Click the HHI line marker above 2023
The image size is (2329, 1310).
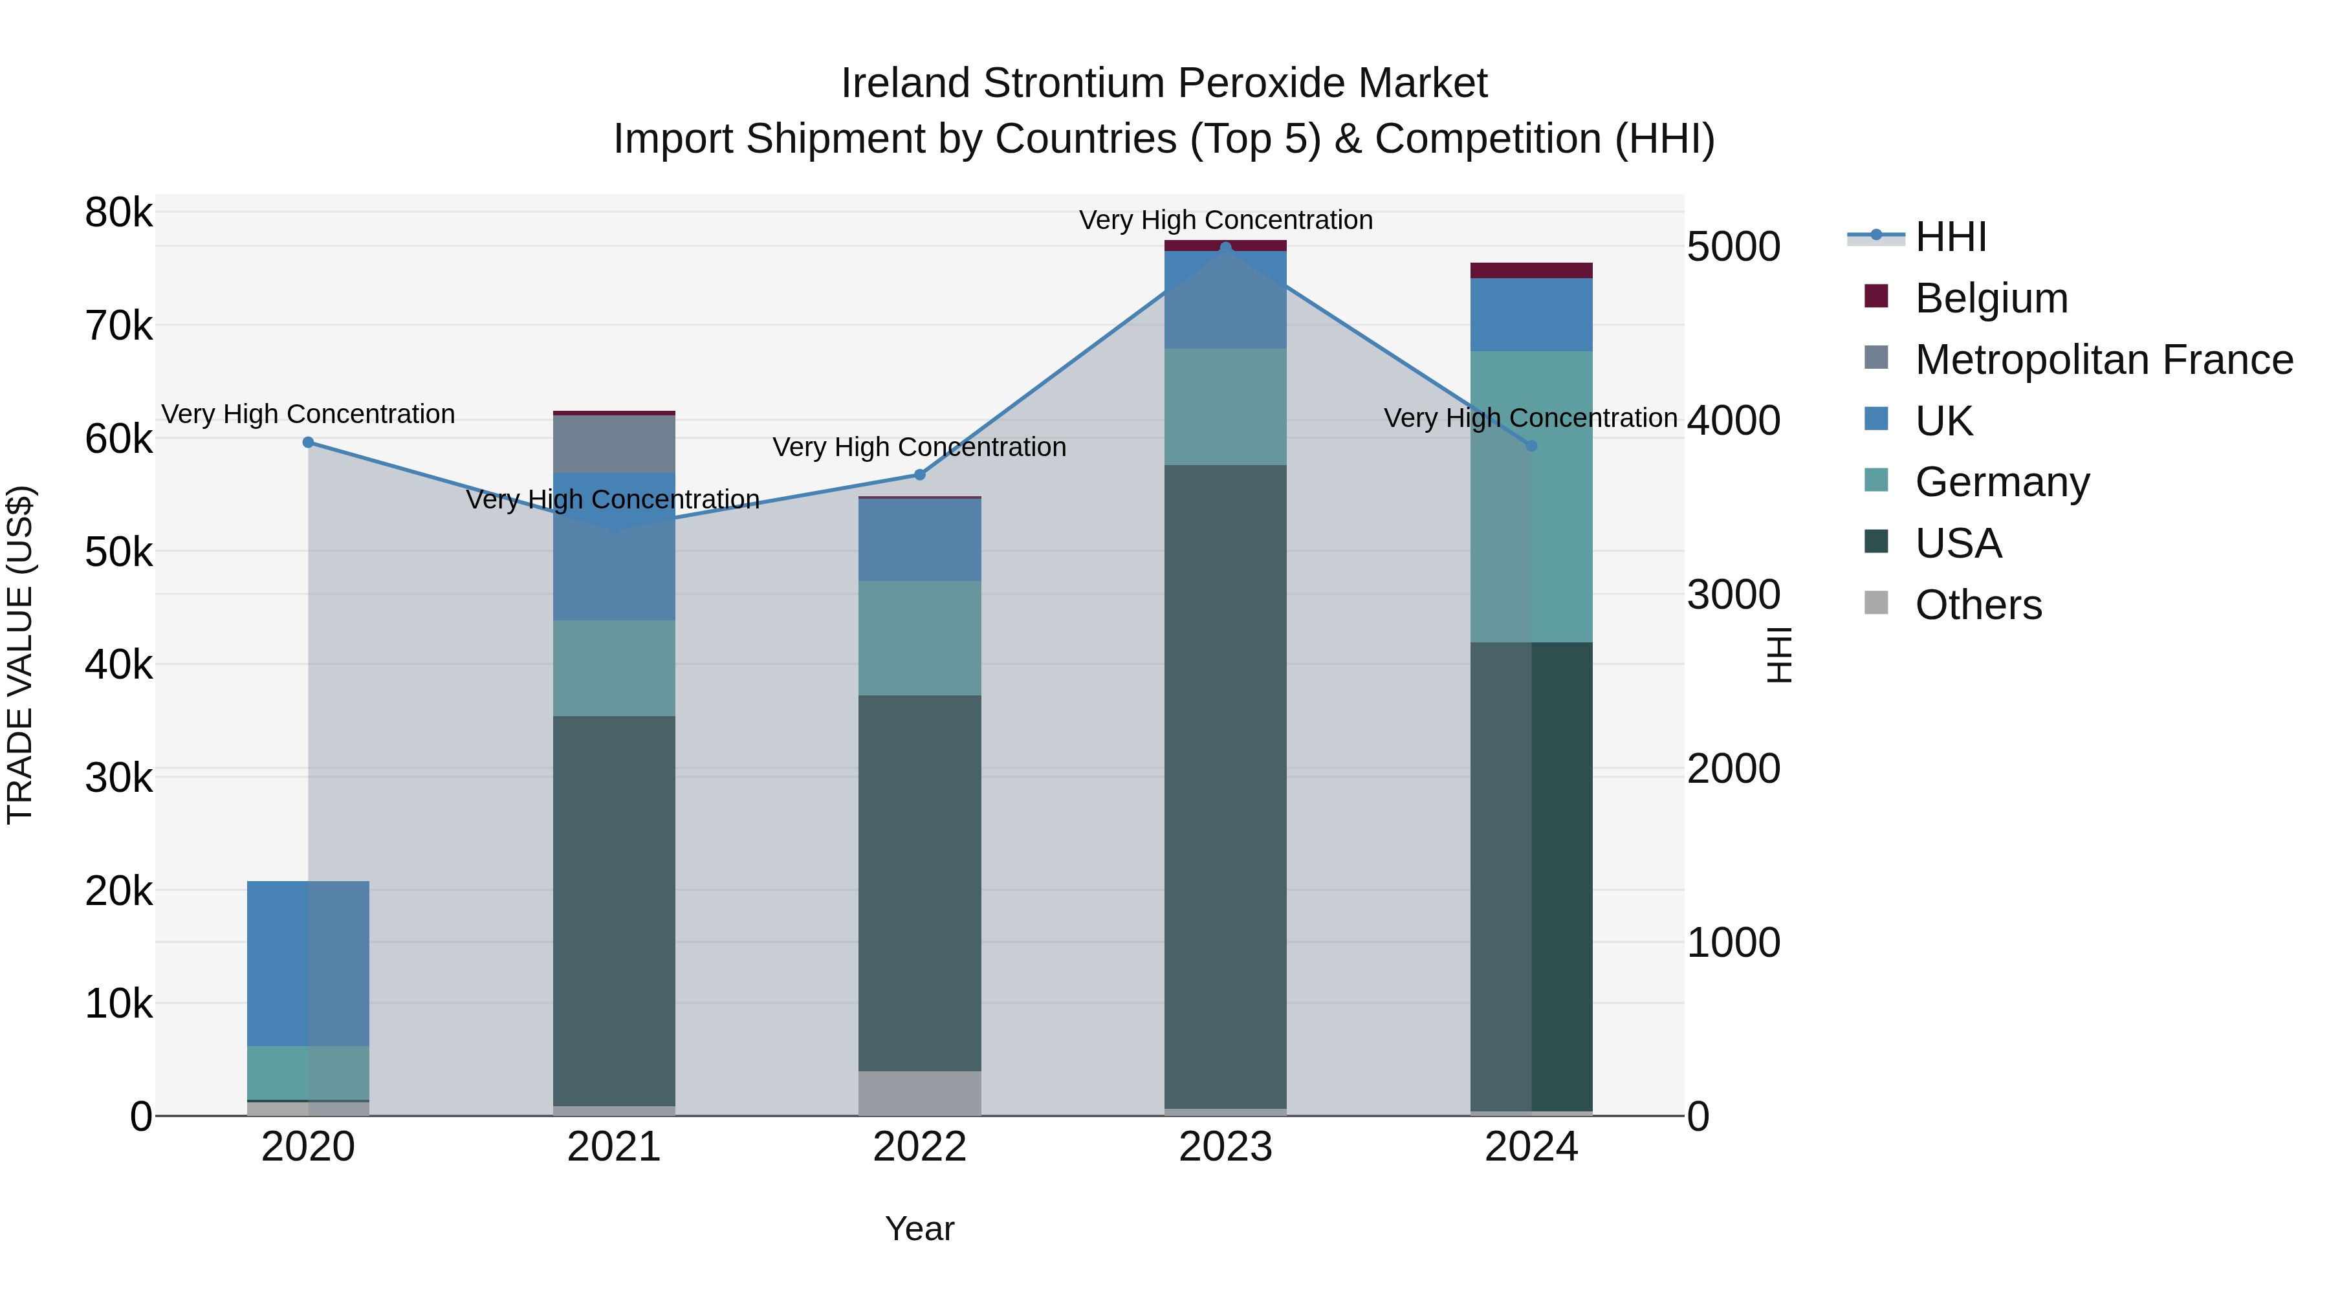coord(1225,247)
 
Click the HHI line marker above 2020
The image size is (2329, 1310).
coord(309,442)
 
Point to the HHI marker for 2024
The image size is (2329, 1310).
coord(1531,446)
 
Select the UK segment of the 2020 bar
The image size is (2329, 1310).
coord(309,963)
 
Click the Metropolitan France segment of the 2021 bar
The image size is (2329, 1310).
coord(614,444)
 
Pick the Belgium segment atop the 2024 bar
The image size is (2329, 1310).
coord(1531,270)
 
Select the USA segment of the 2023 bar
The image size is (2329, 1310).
coord(1225,787)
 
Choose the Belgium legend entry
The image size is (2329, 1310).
coord(1990,298)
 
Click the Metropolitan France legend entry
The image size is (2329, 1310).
coord(2103,360)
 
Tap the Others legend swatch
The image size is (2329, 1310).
coord(1876,603)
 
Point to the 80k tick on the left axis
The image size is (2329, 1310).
coord(118,213)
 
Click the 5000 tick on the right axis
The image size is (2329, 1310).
coord(1733,247)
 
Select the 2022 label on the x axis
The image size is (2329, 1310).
coord(919,1147)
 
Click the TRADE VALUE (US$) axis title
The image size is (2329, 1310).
coord(21,655)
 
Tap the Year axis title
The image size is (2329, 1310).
coord(919,1228)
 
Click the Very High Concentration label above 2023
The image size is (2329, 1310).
coord(1225,220)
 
